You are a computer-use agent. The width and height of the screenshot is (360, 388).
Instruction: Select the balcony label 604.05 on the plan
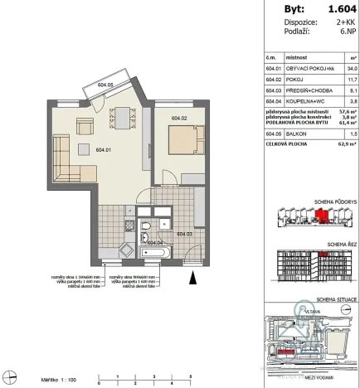tap(105, 84)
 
